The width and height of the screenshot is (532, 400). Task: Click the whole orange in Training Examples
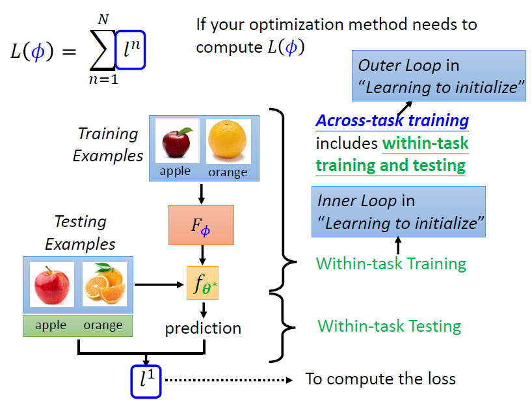[228, 140]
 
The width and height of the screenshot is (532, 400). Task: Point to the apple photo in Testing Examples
[51, 284]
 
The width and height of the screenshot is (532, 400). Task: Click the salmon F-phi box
[201, 225]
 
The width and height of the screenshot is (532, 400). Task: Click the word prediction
[203, 328]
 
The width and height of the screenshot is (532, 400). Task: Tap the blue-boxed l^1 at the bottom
[147, 380]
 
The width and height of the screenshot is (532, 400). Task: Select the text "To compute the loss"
[380, 379]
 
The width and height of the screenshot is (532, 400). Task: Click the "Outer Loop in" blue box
[439, 76]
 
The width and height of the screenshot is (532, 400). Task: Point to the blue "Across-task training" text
[392, 121]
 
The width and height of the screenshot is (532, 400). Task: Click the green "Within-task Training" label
[391, 263]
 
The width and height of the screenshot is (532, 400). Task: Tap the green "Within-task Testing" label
[389, 326]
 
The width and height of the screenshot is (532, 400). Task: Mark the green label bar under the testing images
[77, 325]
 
